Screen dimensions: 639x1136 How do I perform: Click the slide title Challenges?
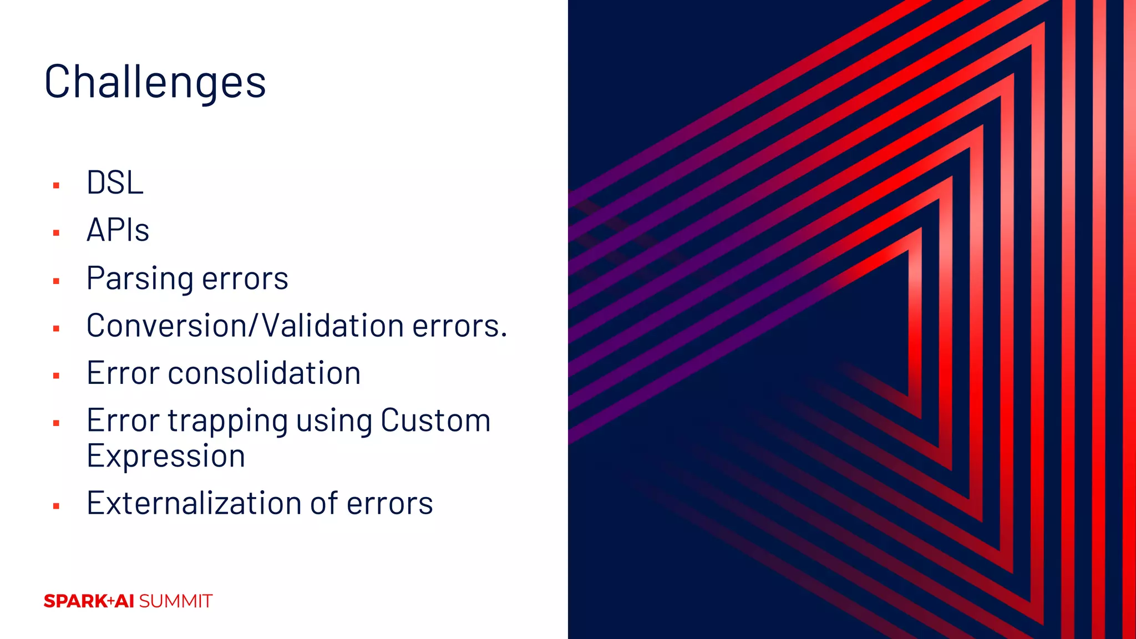click(x=155, y=82)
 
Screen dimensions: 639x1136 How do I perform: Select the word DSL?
click(x=115, y=182)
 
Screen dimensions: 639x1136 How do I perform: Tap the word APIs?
click(x=118, y=230)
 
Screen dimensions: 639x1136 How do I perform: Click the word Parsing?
click(x=139, y=278)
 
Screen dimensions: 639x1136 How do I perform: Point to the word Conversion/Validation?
click(x=244, y=326)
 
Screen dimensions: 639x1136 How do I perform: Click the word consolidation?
click(x=264, y=373)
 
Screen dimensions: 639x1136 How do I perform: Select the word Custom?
click(x=435, y=420)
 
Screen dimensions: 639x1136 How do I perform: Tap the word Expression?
click(x=166, y=457)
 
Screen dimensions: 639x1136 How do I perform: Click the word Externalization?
click(x=194, y=503)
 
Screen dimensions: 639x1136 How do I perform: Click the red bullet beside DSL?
click(x=56, y=185)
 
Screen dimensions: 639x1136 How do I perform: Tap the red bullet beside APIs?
click(x=56, y=233)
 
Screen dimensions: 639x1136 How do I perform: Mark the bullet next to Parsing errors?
click(x=56, y=281)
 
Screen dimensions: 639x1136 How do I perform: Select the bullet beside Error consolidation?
click(x=56, y=376)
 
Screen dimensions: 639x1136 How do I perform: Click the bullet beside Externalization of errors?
click(x=56, y=506)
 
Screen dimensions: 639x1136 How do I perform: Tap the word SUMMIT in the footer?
click(x=176, y=601)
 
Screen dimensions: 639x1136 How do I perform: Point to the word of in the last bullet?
click(x=324, y=503)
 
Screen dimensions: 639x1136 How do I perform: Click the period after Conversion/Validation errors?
click(x=504, y=335)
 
